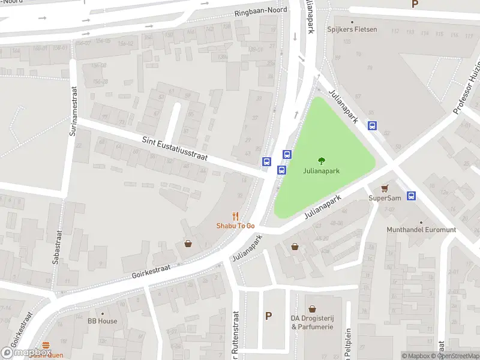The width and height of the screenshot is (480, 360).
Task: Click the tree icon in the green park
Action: pyautogui.click(x=321, y=161)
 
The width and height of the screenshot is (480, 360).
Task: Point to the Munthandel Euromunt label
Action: pyautogui.click(x=421, y=229)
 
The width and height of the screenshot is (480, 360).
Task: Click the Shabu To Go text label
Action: pyautogui.click(x=236, y=226)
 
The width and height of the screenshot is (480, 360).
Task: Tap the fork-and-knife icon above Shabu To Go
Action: pyautogui.click(x=236, y=216)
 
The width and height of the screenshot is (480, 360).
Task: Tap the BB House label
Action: pyautogui.click(x=102, y=321)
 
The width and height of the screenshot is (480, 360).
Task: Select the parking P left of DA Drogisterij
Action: pyautogui.click(x=268, y=316)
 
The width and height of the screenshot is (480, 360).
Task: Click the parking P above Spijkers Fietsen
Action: pyautogui.click(x=414, y=4)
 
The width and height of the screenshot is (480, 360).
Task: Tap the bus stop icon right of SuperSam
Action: pyautogui.click(x=412, y=196)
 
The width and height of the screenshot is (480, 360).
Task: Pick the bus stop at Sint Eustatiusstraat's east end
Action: pyautogui.click(x=266, y=161)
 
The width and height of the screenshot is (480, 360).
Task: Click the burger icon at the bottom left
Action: pyautogui.click(x=47, y=346)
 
